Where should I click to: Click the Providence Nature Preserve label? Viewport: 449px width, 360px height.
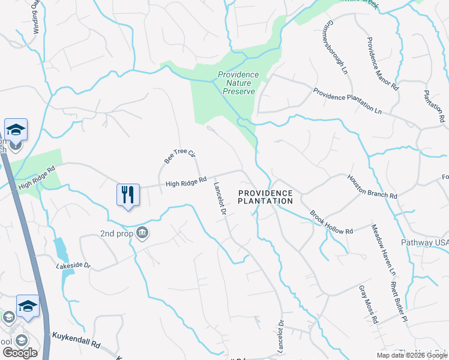(x=238, y=83)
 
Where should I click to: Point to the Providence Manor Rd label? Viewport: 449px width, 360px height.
(x=382, y=64)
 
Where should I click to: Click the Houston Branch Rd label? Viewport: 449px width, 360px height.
(x=372, y=187)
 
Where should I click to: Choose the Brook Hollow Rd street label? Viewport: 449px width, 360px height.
(x=331, y=222)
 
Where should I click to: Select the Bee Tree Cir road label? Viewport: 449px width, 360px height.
(x=180, y=157)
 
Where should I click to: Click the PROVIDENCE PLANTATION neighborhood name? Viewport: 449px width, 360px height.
(x=265, y=197)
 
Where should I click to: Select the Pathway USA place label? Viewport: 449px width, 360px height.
(x=424, y=242)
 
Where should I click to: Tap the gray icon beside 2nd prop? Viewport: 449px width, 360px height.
(x=142, y=233)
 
